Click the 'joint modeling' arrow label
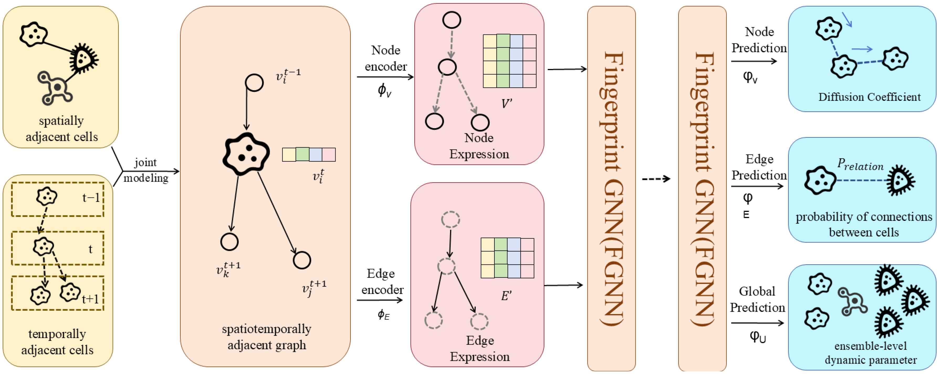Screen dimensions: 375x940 point(146,170)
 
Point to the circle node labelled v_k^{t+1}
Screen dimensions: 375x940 point(229,242)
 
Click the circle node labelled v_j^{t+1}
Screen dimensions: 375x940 point(301,260)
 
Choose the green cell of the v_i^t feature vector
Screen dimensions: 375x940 point(302,154)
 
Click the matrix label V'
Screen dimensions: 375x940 point(506,104)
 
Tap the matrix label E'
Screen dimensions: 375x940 point(506,295)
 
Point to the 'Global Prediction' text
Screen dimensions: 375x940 point(757,299)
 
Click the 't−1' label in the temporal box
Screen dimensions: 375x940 point(91,197)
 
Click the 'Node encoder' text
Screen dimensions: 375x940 point(385,58)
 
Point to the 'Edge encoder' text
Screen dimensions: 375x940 point(382,281)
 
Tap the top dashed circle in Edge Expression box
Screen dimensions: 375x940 point(450,220)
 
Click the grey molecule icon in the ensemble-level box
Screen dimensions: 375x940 point(852,301)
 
